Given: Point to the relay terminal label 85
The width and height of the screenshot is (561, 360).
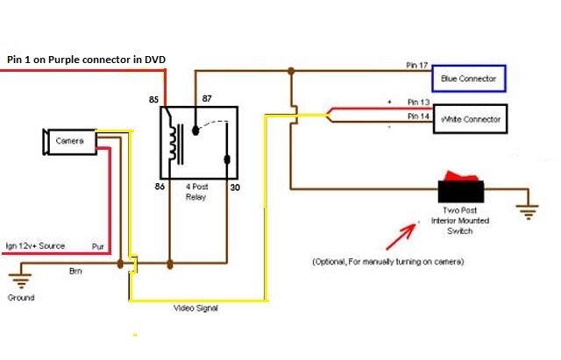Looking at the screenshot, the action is pos(154,99).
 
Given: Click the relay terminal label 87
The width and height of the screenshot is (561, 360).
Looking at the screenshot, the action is pos(207,98).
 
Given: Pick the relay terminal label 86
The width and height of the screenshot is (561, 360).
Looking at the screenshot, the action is pos(160,187).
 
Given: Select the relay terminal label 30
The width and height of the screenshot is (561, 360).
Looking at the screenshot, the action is pos(235,187).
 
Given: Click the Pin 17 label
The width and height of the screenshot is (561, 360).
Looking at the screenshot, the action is pos(417,66).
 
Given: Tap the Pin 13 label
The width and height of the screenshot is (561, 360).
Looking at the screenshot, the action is pos(418,102).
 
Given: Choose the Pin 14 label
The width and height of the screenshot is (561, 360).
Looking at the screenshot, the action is pos(418,116).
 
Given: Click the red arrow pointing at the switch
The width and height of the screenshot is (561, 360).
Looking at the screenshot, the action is pos(401,236).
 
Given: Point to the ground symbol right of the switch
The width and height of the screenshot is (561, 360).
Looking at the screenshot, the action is pos(528,212).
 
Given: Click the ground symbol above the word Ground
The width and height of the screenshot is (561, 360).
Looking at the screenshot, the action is pos(21,281).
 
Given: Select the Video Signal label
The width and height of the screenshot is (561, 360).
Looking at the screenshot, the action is pos(195,308).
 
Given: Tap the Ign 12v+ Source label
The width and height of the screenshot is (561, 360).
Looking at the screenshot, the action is pos(35,246).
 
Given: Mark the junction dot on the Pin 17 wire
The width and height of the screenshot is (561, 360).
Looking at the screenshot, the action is pos(291,71).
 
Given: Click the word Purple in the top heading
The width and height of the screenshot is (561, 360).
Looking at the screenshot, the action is pos(64,60).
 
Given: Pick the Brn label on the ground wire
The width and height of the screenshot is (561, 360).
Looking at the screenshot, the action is pos(75,272).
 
